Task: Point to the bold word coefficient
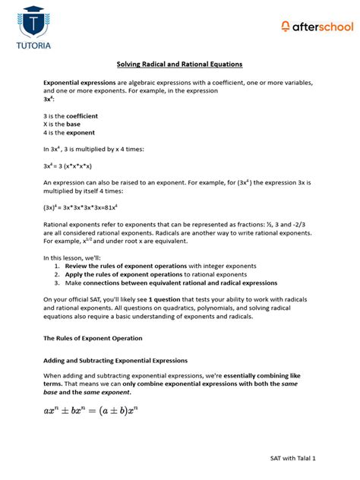point(82,115)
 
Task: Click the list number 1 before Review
point(57,266)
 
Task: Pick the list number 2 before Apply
point(57,274)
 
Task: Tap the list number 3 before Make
point(57,283)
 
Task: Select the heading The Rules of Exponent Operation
point(92,337)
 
